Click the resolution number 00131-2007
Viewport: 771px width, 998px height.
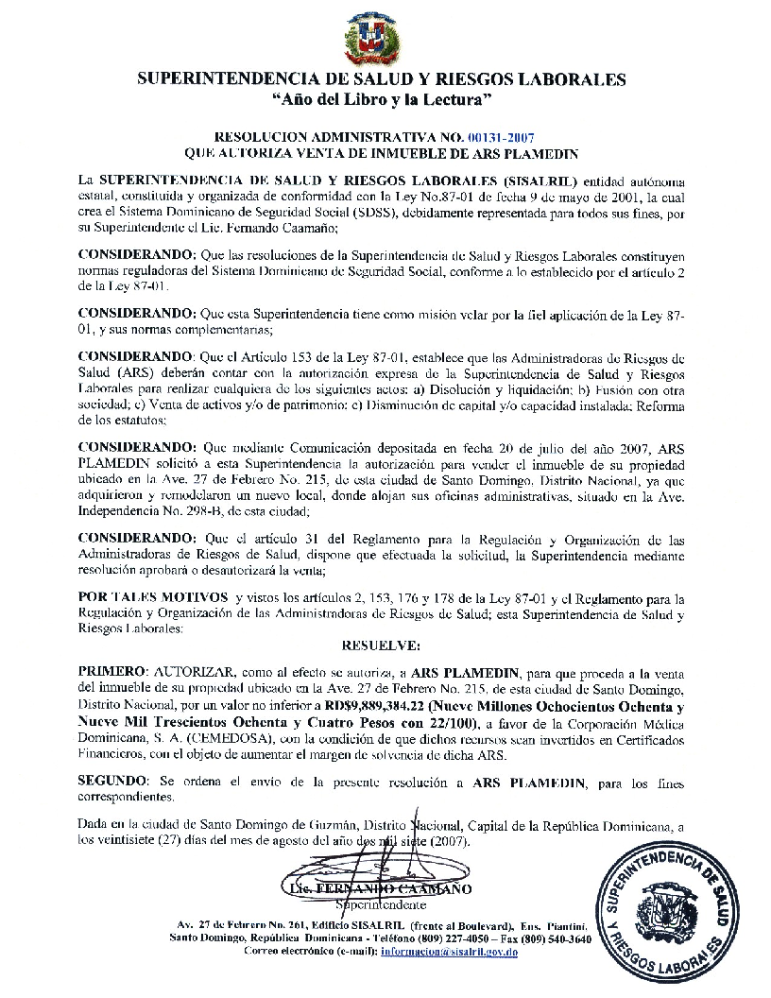513,137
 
